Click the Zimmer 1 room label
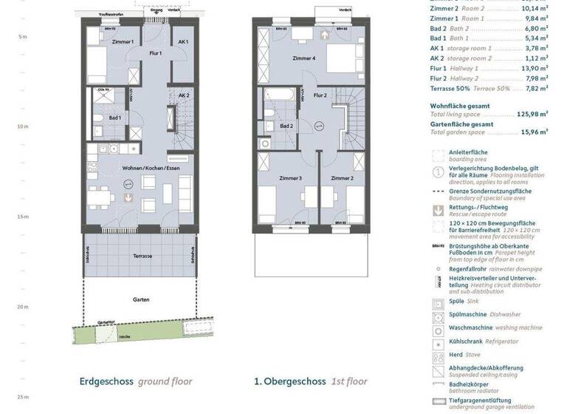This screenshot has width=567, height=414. pos(123,43)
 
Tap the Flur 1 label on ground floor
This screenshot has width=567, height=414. pos(156,53)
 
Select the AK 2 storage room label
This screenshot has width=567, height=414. pos(183,95)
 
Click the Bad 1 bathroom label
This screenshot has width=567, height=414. pos(115,118)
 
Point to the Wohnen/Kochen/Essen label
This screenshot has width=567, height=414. pos(151,169)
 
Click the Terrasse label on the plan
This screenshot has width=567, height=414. pos(143,256)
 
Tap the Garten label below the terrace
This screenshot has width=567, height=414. pos(142,300)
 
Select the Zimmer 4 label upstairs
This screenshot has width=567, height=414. pos(303,58)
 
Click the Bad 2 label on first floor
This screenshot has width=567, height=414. pos(287,126)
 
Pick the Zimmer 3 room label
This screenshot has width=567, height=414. pos(291,179)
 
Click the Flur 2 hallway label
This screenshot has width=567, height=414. pos(320,95)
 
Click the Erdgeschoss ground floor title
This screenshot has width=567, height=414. pos(136,381)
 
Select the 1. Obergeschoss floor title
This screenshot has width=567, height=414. pos(310,381)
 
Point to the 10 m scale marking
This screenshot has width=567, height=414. pos(23,126)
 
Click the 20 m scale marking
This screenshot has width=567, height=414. pos(23,307)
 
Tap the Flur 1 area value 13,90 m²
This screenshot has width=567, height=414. pos(534,67)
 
